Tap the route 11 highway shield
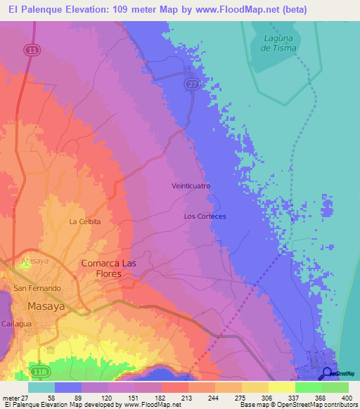[x=31, y=50]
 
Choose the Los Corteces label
[x=205, y=216]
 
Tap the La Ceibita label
[x=85, y=221]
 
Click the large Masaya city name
[x=47, y=306]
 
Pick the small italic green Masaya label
[x=35, y=260]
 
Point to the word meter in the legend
[x=11, y=397]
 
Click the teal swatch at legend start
[x=41, y=387]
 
